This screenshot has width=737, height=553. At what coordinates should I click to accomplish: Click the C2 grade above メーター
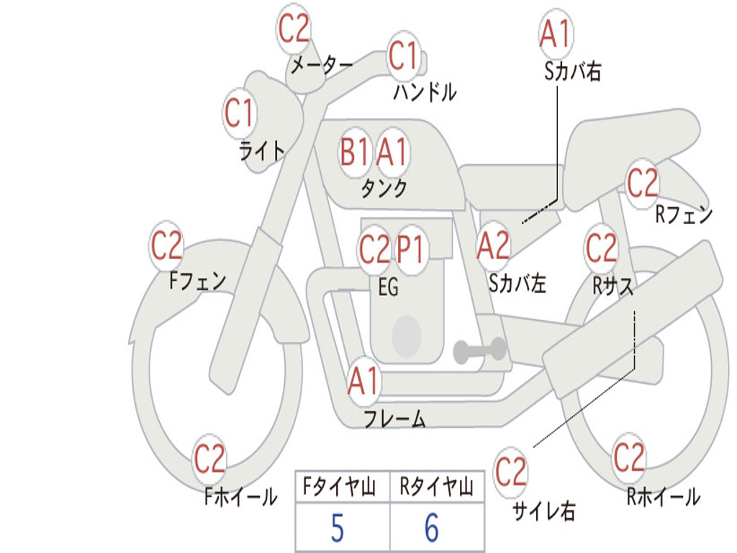tap(294, 29)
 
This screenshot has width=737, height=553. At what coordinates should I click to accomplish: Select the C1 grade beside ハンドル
tap(403, 55)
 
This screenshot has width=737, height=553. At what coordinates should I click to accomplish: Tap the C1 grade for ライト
tap(240, 114)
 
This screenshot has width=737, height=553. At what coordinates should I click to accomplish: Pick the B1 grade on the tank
tap(355, 152)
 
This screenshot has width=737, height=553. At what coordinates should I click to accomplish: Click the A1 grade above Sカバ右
tap(555, 33)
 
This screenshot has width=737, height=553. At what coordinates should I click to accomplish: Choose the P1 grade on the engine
tap(411, 250)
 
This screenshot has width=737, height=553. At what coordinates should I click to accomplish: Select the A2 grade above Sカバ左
tap(494, 246)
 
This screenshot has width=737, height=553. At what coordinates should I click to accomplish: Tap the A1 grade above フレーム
tap(363, 382)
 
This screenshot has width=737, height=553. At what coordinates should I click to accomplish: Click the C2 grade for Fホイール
tap(210, 459)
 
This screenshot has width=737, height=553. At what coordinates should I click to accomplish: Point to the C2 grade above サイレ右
tap(511, 472)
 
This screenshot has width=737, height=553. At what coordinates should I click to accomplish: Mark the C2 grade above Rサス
tap(601, 248)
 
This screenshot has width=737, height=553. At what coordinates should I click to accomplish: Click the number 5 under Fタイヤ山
tap(337, 529)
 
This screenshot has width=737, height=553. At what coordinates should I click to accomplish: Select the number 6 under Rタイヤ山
tap(432, 529)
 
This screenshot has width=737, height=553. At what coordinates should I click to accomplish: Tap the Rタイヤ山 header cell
tap(436, 488)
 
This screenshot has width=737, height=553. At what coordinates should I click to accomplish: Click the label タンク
tap(384, 189)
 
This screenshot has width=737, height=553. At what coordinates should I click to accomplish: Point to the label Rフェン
tap(684, 215)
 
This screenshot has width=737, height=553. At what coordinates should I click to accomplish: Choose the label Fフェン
tap(197, 279)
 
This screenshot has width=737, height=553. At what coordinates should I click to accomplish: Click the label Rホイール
tap(663, 496)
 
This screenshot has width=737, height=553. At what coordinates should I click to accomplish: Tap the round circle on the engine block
tap(407, 335)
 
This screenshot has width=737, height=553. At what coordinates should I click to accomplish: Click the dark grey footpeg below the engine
tap(479, 350)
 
